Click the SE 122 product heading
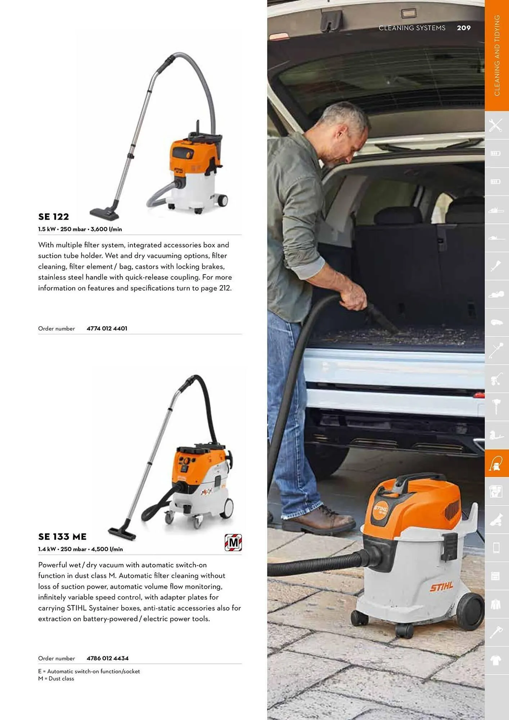point(54,217)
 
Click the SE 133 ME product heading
point(62,537)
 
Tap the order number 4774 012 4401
point(107,328)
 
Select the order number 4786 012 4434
point(108,658)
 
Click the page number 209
point(464,28)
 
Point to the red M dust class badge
point(233,543)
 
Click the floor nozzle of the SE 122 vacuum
point(104,214)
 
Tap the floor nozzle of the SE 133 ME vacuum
point(122,533)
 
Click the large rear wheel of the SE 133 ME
point(226,508)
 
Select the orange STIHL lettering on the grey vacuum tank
point(441,586)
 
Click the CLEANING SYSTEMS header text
point(412,28)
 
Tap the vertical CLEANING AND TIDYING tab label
point(497,56)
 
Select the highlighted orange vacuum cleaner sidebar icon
point(496,463)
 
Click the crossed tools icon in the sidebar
point(496,125)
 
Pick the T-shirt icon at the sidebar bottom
point(496,660)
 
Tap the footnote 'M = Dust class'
point(56,679)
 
